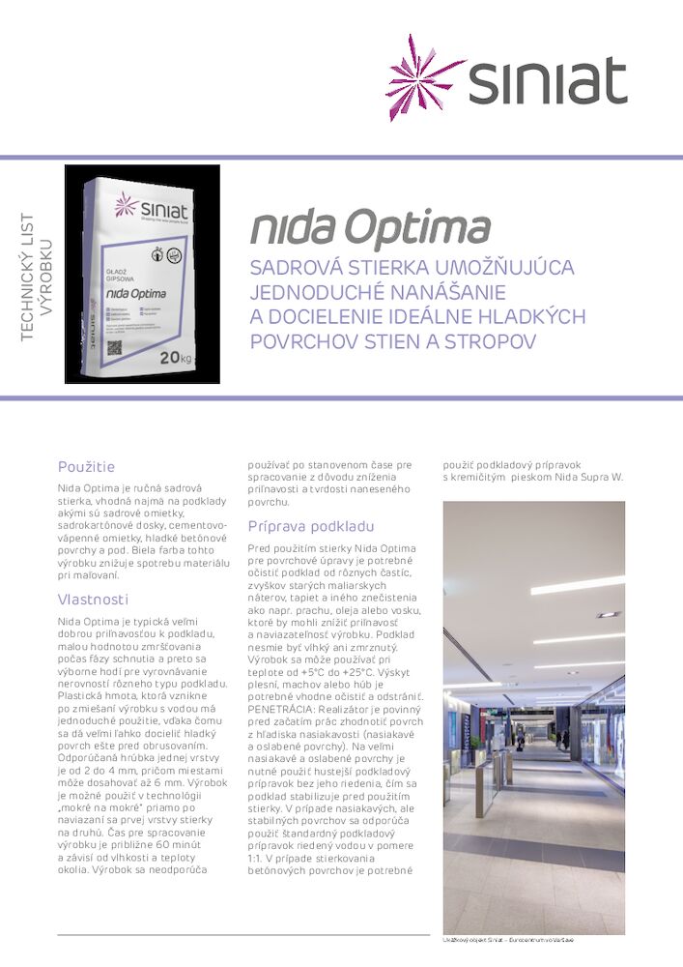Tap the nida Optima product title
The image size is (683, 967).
point(370,228)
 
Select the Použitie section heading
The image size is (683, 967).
point(86,467)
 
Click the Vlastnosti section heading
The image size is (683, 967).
point(92,600)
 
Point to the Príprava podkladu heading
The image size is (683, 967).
point(310,527)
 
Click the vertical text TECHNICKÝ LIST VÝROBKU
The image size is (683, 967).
point(34,276)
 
